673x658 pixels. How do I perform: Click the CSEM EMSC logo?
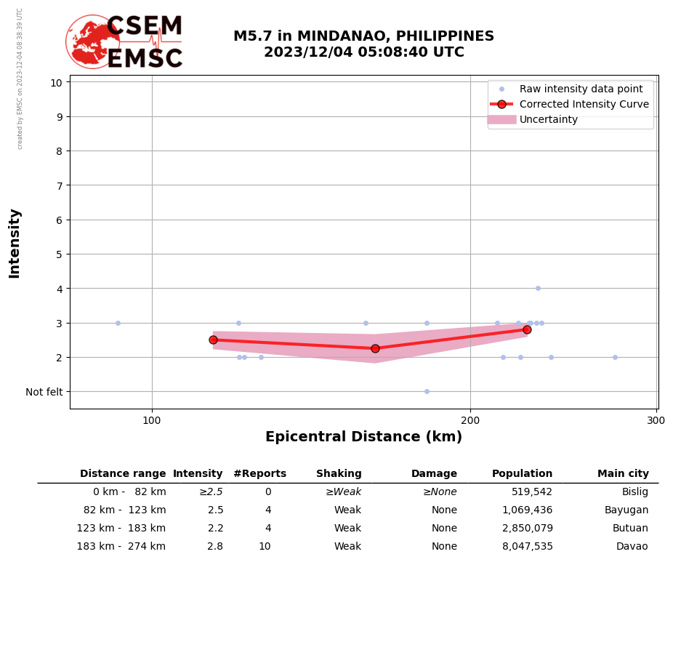pyautogui.click(x=124, y=42)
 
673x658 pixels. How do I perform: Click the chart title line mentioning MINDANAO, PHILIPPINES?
pyautogui.click(x=363, y=36)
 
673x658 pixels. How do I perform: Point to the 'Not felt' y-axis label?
pyautogui.click(x=44, y=392)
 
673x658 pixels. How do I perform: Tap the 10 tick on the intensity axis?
pyautogui.click(x=56, y=82)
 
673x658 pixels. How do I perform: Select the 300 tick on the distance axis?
pyautogui.click(x=656, y=420)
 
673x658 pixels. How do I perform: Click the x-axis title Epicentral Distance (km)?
pyautogui.click(x=363, y=437)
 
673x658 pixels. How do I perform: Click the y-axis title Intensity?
pyautogui.click(x=15, y=243)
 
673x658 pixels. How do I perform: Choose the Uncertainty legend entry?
pyautogui.click(x=548, y=119)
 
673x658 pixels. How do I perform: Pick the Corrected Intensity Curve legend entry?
pyautogui.click(x=584, y=104)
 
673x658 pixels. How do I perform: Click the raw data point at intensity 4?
pyautogui.click(x=538, y=289)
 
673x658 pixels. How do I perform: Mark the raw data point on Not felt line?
pyautogui.click(x=427, y=392)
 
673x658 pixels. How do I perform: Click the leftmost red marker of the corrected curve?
pyautogui.click(x=213, y=340)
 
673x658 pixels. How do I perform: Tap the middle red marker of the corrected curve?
pyautogui.click(x=375, y=348)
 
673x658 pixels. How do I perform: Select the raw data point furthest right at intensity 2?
pyautogui.click(x=615, y=357)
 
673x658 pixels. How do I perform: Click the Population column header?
pyautogui.click(x=522, y=474)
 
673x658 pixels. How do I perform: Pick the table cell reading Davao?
pyautogui.click(x=632, y=547)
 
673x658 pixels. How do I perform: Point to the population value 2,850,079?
pyautogui.click(x=527, y=529)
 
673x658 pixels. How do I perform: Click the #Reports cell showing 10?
pyautogui.click(x=265, y=547)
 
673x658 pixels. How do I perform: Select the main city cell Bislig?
pyautogui.click(x=634, y=492)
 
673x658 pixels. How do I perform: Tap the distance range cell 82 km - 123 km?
pyautogui.click(x=124, y=510)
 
